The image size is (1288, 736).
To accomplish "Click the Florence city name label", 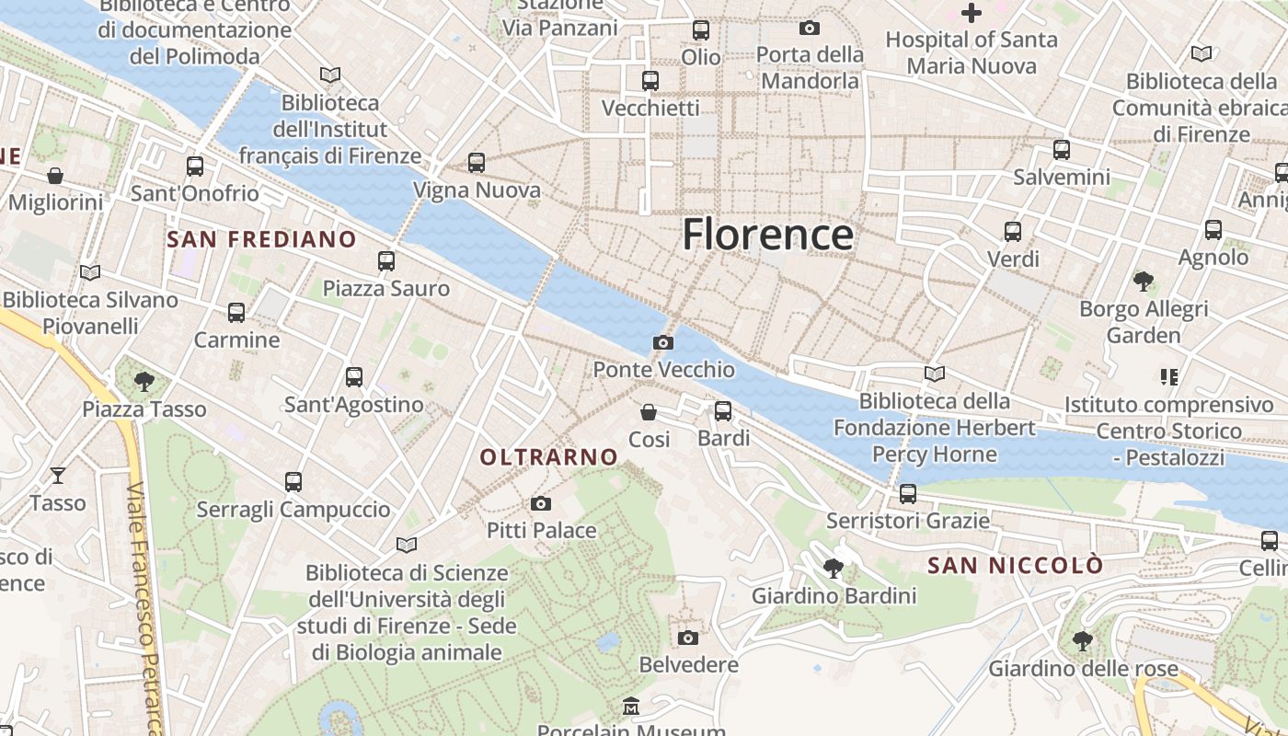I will (x=767, y=235).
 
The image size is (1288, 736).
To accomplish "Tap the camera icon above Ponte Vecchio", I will (x=662, y=343).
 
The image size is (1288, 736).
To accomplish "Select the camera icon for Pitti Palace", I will (x=541, y=503).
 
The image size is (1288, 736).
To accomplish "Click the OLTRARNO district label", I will (x=549, y=457).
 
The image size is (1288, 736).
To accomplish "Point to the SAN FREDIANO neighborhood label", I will (x=261, y=240).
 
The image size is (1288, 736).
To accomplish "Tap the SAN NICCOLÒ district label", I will (x=1015, y=565).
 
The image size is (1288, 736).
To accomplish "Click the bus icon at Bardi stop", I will (x=723, y=410).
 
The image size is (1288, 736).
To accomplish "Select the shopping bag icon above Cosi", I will (x=649, y=411).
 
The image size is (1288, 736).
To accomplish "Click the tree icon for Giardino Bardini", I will (x=834, y=568).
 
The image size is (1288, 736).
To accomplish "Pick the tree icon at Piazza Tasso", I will (x=144, y=381).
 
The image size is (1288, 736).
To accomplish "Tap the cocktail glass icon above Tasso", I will (x=58, y=475).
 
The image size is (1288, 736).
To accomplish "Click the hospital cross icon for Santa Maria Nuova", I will (x=972, y=13).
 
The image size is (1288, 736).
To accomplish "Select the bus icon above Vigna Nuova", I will (x=477, y=162).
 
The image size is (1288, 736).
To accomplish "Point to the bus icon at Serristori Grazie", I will (x=908, y=493).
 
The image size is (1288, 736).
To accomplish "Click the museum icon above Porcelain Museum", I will (x=631, y=707).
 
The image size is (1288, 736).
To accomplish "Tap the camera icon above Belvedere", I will (x=688, y=638).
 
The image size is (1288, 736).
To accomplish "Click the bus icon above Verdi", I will (x=1013, y=231).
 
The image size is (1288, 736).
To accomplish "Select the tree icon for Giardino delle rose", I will (x=1083, y=639).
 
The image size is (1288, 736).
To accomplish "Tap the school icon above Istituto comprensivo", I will (x=1169, y=376).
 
